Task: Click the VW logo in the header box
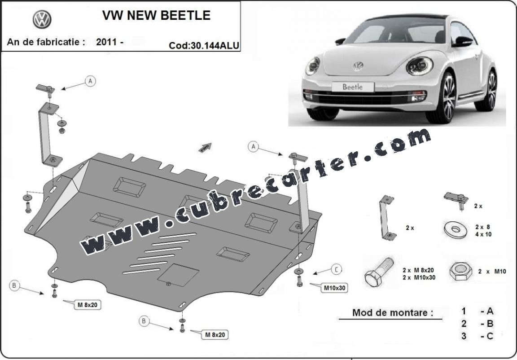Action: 42,19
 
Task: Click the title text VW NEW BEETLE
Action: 156,15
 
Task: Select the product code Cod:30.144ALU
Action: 204,45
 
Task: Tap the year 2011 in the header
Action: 106,42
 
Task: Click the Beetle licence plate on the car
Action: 353,87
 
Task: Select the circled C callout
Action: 336,270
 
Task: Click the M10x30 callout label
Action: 334,288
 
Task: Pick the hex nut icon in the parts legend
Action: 460,271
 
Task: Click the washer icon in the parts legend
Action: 456,229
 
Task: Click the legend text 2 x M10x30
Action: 419,277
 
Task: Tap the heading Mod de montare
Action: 393,312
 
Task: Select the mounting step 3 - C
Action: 477,336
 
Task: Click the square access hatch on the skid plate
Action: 178,275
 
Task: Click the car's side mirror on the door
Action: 462,42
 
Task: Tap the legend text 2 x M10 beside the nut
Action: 492,272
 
